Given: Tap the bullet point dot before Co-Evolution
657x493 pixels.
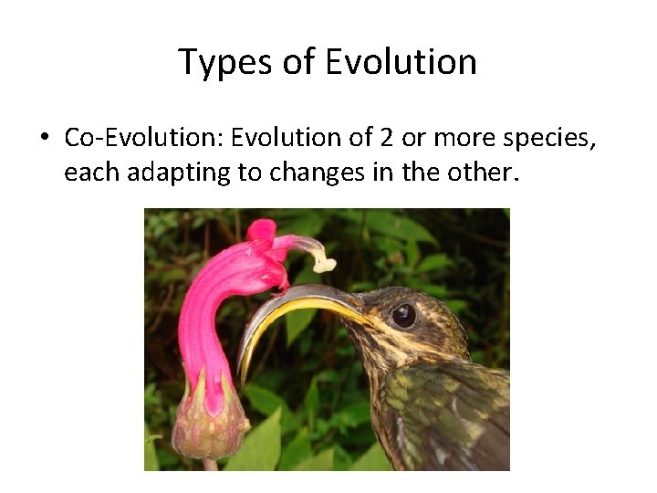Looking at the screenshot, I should pyautogui.click(x=44, y=139).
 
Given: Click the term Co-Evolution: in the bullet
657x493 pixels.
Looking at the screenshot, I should pyautogui.click(x=143, y=138).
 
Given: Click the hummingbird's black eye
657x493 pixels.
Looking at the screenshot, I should pyautogui.click(x=403, y=315).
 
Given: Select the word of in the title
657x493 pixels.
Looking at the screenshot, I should pyautogui.click(x=294, y=63).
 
